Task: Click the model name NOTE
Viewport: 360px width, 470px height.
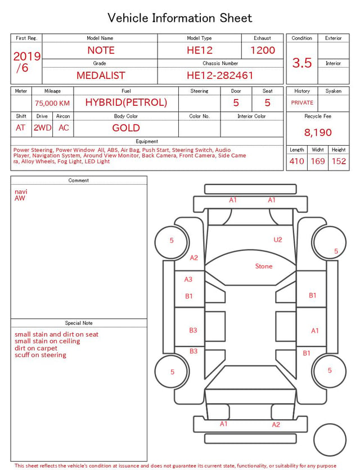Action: coord(101,50)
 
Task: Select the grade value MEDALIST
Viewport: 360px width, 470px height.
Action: coord(101,75)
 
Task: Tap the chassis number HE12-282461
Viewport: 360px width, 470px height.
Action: coord(220,75)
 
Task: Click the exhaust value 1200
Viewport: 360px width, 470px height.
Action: coord(263,50)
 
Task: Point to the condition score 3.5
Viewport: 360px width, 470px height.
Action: coord(302,63)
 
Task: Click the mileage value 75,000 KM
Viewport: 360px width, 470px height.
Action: coord(52,104)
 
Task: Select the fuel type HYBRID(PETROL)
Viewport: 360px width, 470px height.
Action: coord(126,102)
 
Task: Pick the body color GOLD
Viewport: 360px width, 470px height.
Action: coord(126,128)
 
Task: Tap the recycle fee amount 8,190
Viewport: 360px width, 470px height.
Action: coord(318,132)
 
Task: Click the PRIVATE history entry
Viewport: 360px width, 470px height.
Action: coord(302,102)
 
